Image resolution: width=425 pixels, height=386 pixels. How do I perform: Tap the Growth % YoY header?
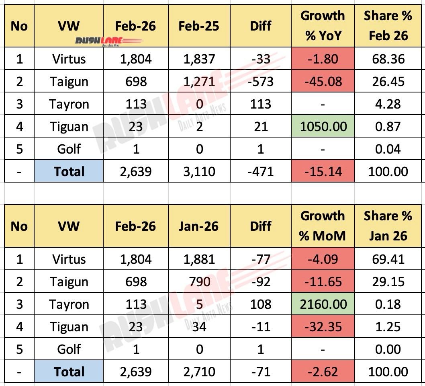323,26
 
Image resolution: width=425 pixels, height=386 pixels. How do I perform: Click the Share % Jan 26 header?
388,226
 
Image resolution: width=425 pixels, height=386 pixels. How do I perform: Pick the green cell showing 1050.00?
323,127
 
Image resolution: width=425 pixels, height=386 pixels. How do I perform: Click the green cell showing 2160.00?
323,304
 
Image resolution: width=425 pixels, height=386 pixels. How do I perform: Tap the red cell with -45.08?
323,82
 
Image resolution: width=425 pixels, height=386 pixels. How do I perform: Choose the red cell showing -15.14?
323,172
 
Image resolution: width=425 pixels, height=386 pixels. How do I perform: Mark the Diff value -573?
261,82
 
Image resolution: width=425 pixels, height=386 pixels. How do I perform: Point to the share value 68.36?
388,59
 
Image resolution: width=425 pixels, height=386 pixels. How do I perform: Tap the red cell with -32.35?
323,327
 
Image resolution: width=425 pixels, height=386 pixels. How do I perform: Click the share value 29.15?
388,282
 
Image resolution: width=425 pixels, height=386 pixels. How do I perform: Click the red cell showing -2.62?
323,372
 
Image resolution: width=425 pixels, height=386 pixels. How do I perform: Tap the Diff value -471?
261,172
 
